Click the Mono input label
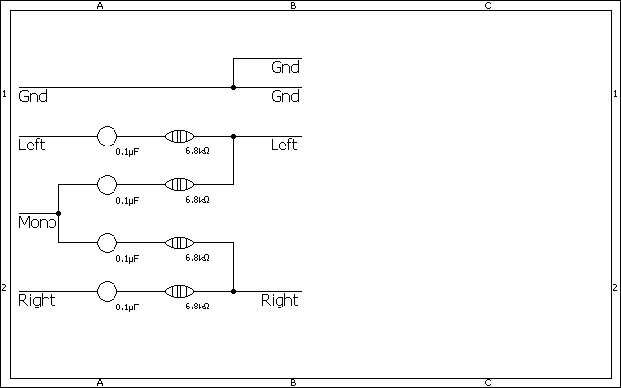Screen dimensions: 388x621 coord(37,223)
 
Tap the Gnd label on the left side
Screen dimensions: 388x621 coord(33,97)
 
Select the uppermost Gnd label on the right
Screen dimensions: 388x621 coord(285,68)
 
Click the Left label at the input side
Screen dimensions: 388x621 coord(32,145)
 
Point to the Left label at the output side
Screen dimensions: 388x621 coord(283,145)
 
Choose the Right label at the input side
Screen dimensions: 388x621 coord(37,301)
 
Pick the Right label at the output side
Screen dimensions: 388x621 coord(279,301)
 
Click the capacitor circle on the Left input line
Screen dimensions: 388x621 coord(107,136)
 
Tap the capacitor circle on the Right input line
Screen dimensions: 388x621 coord(107,291)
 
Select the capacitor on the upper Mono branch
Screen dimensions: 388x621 coord(107,184)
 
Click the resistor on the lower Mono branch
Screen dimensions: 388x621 coord(180,242)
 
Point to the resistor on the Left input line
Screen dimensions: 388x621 coord(180,136)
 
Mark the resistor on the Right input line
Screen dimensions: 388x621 coord(180,291)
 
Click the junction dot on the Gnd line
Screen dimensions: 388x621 coord(233,87)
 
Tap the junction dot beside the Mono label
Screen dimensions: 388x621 coord(59,213)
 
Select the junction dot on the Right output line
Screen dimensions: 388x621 coord(233,291)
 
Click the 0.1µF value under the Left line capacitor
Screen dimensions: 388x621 coord(127,152)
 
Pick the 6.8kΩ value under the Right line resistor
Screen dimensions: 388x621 coord(198,307)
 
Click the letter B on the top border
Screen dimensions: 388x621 coord(293,6)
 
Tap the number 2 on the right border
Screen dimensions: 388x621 coord(615,288)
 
